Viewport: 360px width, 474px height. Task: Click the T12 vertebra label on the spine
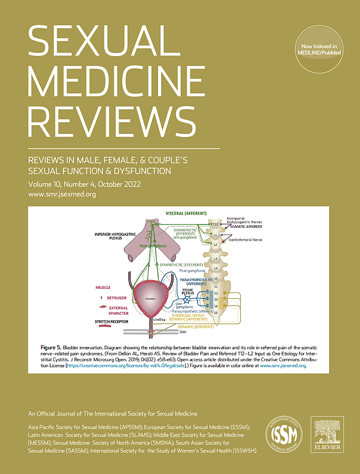click(214, 225)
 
